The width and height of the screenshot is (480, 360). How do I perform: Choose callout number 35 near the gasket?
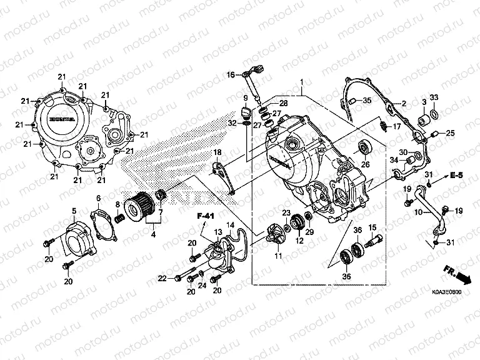[x=367, y=100]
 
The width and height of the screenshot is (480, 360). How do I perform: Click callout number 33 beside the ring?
[x=434, y=97]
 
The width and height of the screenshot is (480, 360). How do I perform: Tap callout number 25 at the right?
[x=450, y=132]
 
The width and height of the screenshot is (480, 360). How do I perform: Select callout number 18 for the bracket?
[x=218, y=152]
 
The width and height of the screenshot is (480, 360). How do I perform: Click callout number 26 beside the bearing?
[x=366, y=164]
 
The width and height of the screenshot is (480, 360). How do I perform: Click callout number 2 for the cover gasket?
[x=404, y=103]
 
